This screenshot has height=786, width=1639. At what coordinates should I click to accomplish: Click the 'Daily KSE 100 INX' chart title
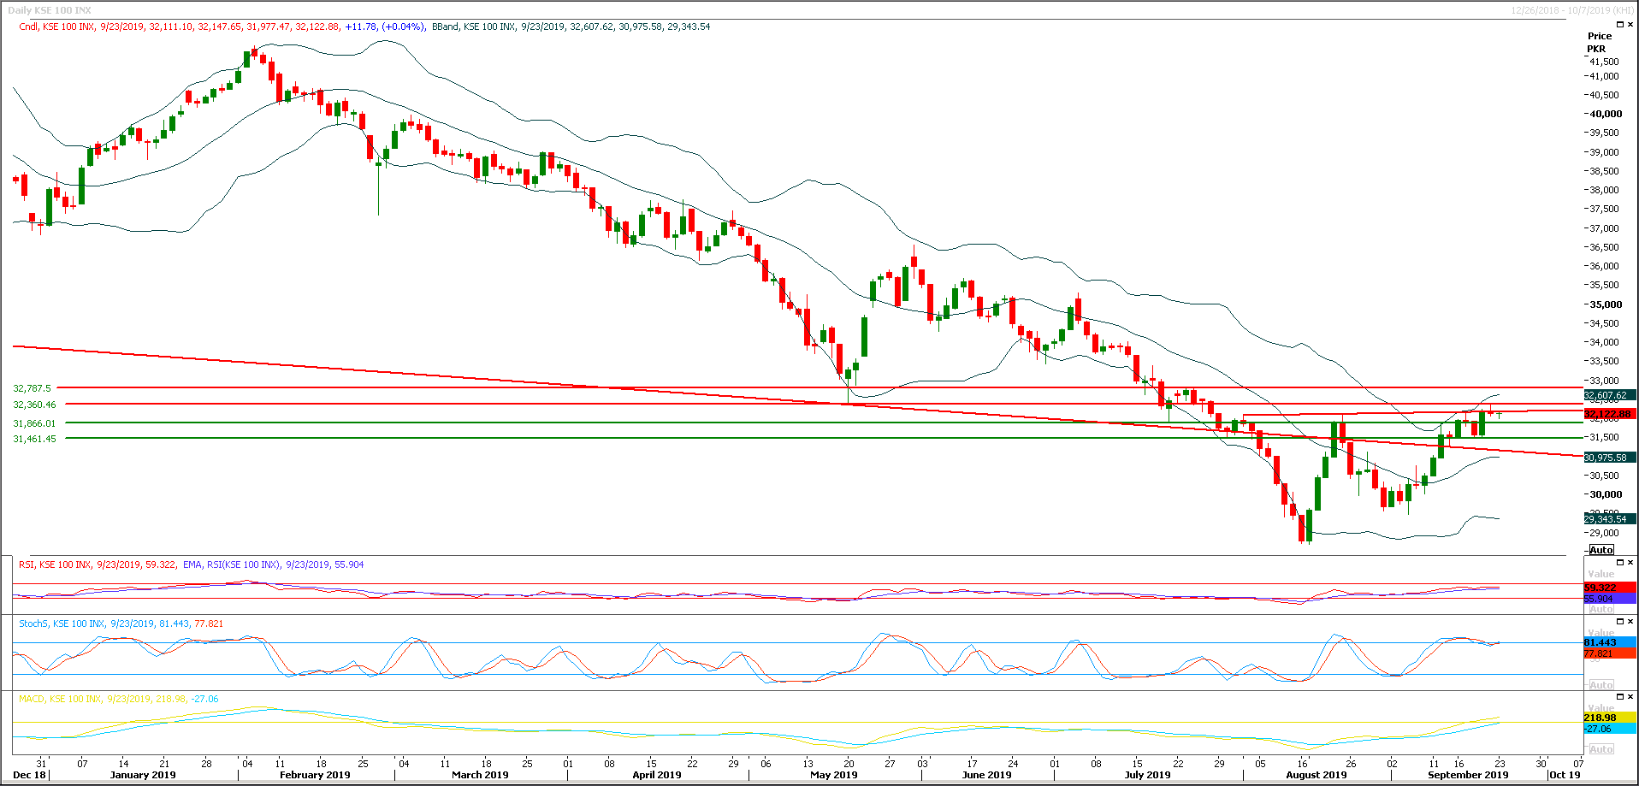pyautogui.click(x=49, y=10)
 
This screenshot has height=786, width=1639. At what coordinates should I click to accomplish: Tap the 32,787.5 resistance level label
pyautogui.click(x=33, y=388)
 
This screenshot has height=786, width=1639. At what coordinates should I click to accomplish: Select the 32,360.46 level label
pyautogui.click(x=34, y=405)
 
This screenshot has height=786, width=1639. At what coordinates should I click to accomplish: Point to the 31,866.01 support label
pyautogui.click(x=34, y=423)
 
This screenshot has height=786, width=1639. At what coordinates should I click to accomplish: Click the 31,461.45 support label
pyautogui.click(x=34, y=439)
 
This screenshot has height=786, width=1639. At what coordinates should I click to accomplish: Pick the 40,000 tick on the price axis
pyautogui.click(x=1605, y=114)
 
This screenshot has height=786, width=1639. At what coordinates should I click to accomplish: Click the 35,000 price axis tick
pyautogui.click(x=1605, y=304)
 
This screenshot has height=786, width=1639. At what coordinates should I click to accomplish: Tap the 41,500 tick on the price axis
pyautogui.click(x=1604, y=62)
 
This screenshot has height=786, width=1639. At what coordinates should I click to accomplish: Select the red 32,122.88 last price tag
pyautogui.click(x=1607, y=414)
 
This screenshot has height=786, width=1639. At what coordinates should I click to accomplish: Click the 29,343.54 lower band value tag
pyautogui.click(x=1606, y=519)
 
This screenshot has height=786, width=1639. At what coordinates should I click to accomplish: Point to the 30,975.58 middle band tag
pyautogui.click(x=1606, y=458)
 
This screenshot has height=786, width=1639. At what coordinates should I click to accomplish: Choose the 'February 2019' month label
pyautogui.click(x=315, y=775)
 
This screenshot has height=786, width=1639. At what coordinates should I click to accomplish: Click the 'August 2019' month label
pyautogui.click(x=1316, y=775)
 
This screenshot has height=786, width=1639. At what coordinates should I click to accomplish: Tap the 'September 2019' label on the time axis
pyautogui.click(x=1467, y=775)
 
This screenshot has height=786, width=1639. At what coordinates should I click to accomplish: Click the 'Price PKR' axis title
pyautogui.click(x=1598, y=42)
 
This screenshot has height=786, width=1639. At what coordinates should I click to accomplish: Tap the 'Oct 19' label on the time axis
pyautogui.click(x=1565, y=775)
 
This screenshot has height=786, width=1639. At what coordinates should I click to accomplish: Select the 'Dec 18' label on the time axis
pyautogui.click(x=30, y=775)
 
